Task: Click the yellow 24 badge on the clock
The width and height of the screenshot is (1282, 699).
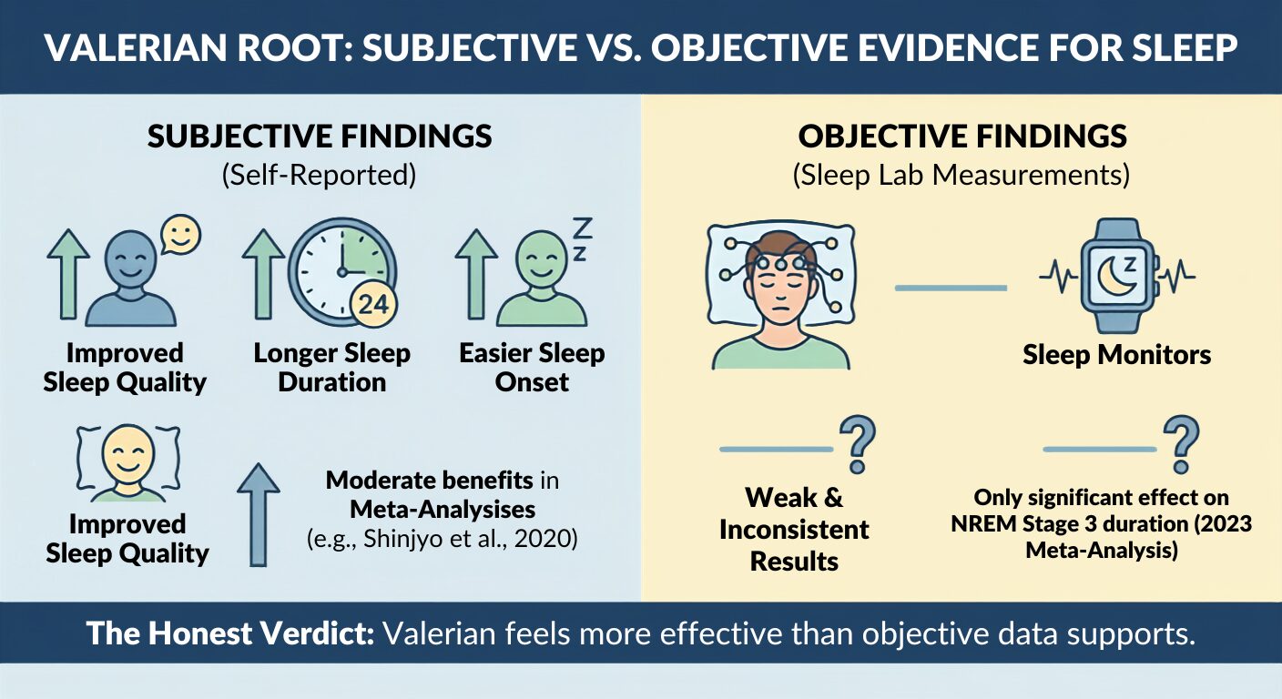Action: tap(373, 304)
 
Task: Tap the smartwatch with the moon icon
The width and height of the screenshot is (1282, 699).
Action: tap(1117, 276)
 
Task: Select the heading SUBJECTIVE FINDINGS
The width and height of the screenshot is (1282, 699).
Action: tap(320, 137)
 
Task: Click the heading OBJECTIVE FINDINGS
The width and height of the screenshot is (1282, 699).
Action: tap(962, 137)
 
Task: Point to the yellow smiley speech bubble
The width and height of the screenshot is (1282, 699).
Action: tap(180, 235)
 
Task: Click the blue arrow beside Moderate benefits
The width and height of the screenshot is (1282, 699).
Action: tap(259, 515)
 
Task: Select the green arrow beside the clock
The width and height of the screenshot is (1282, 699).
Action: tap(263, 274)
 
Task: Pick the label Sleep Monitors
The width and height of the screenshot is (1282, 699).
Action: tap(1116, 355)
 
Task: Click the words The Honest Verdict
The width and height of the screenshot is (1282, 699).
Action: tap(230, 633)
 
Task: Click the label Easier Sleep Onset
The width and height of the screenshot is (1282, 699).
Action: tap(532, 368)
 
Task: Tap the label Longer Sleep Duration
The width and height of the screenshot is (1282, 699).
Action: tap(332, 368)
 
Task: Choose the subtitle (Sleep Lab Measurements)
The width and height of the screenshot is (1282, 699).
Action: tap(961, 175)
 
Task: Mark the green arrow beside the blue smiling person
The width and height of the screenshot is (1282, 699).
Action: tap(68, 274)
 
